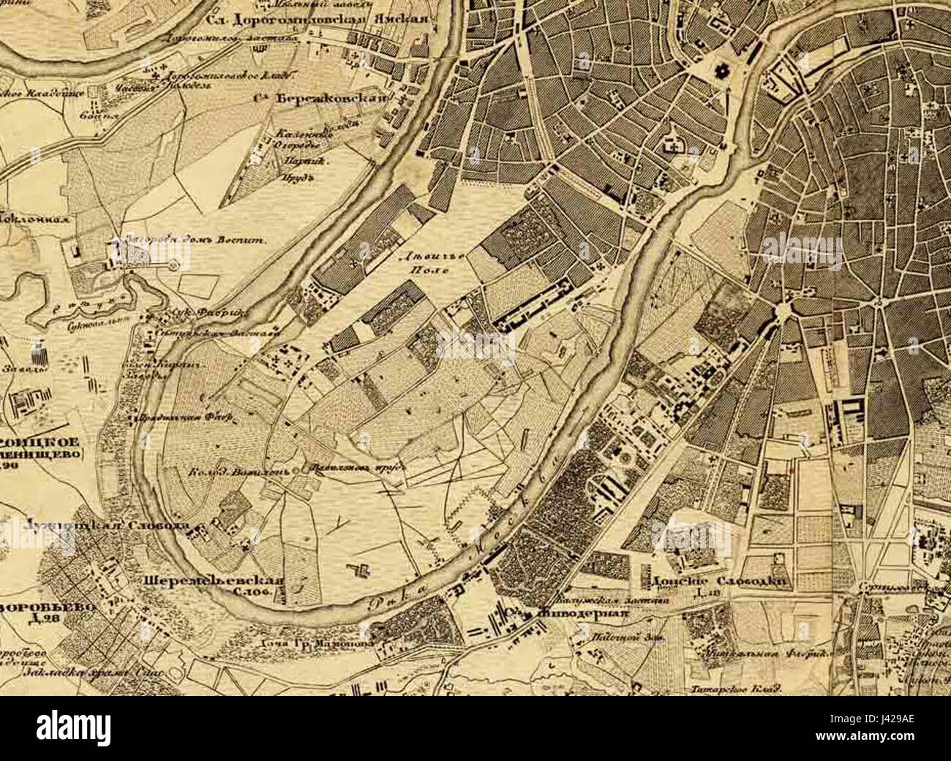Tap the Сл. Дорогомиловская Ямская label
[316, 20]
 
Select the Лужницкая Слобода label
[107, 526]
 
